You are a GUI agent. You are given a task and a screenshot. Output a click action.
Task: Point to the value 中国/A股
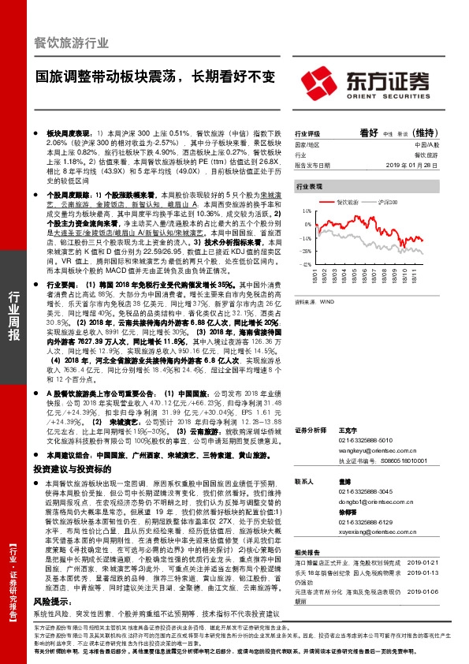coord(426,146)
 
